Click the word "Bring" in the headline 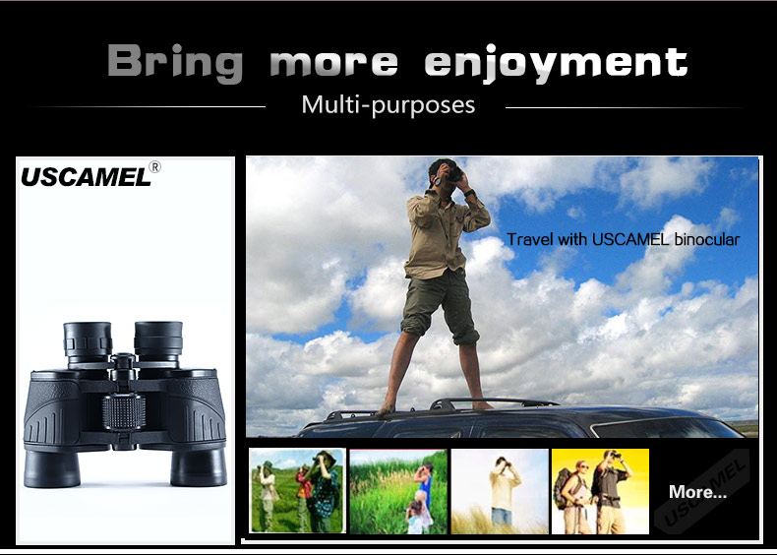[x=175, y=62]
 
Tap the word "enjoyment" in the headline [x=556, y=63]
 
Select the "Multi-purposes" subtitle [x=388, y=105]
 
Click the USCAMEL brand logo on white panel [x=86, y=177]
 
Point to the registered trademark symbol [x=154, y=166]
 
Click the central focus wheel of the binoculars [x=124, y=411]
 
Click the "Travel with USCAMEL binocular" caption [x=623, y=239]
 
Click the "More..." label [x=697, y=491]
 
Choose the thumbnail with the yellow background [x=600, y=491]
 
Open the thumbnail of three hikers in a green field [x=297, y=490]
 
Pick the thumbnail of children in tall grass [x=398, y=491]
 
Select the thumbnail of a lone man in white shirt [x=500, y=491]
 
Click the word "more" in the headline [x=334, y=63]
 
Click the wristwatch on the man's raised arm [x=469, y=193]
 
